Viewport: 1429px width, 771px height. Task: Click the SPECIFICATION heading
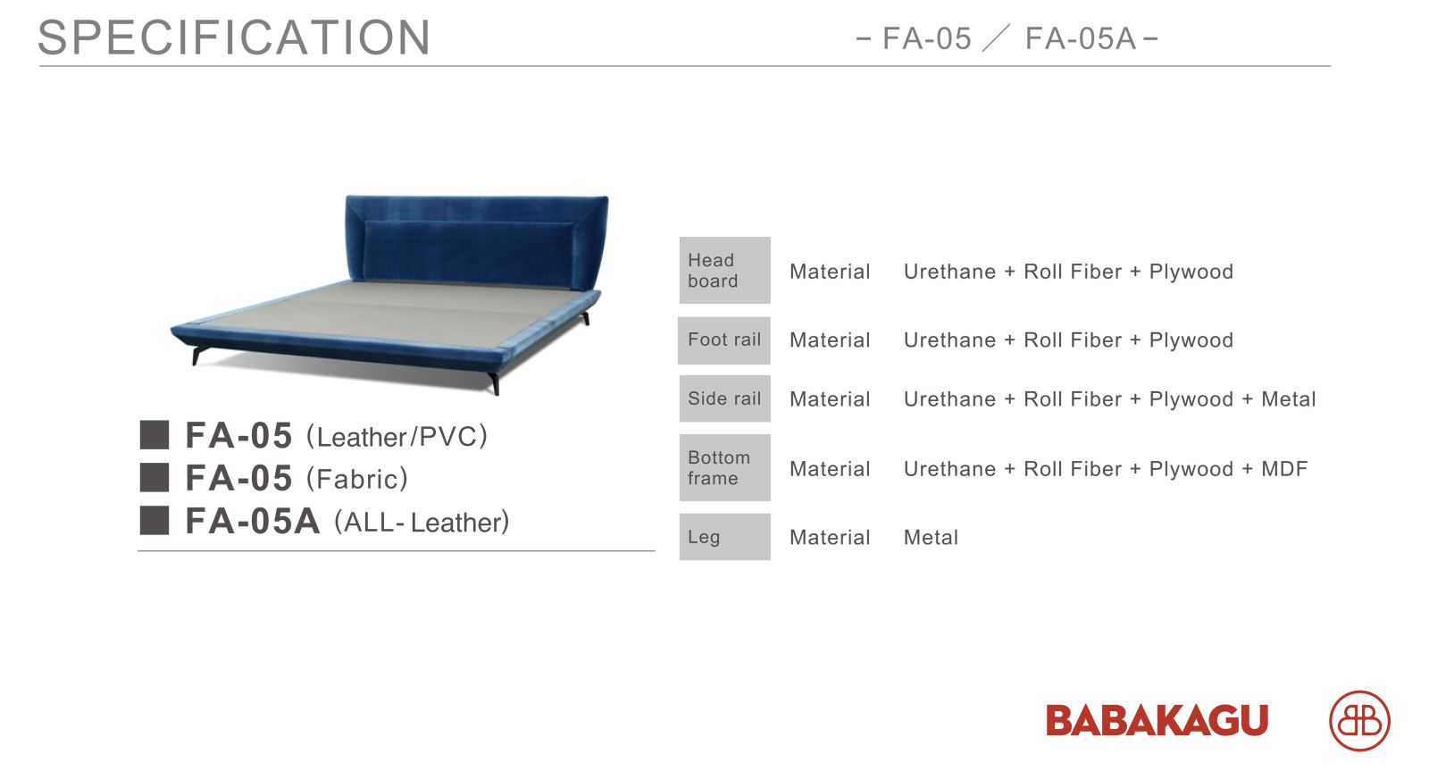click(234, 37)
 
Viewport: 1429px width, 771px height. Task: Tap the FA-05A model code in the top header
click(1081, 38)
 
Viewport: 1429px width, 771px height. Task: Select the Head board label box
click(724, 270)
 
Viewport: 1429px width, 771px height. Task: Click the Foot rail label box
click(724, 340)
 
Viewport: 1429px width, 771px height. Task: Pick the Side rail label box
click(724, 398)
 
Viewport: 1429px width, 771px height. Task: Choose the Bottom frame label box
click(724, 467)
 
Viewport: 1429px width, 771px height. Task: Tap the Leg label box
click(724, 537)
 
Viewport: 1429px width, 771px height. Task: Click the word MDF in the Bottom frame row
click(1284, 469)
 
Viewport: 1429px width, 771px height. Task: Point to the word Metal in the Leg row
click(931, 538)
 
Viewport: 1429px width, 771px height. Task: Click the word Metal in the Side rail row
click(1289, 399)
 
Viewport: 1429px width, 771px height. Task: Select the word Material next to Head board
click(830, 272)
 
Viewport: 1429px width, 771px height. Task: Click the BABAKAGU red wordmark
click(1157, 720)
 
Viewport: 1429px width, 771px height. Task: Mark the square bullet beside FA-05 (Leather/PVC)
click(155, 435)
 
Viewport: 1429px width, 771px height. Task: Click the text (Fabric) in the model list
click(356, 479)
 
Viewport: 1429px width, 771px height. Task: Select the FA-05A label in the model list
click(253, 521)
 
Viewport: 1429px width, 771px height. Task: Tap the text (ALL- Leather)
click(422, 522)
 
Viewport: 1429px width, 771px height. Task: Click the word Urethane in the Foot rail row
click(950, 340)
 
